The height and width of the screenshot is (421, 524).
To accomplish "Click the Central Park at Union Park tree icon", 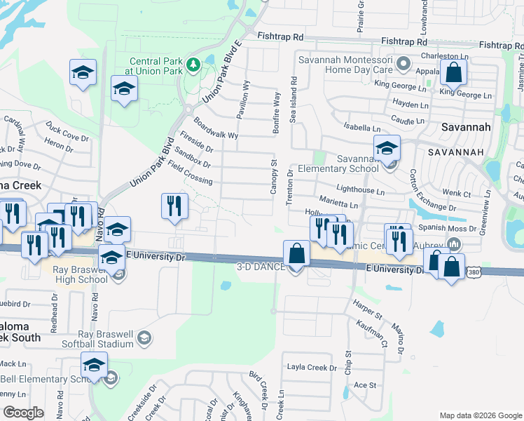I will [194, 65].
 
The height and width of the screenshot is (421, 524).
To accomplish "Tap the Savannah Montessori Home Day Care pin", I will [403, 65].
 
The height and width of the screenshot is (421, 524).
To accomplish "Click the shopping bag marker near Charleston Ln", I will [453, 72].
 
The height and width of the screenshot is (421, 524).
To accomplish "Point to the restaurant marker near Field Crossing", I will [174, 207].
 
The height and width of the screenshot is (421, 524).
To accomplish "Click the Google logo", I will [23, 413].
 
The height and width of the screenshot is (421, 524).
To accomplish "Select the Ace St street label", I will [365, 385].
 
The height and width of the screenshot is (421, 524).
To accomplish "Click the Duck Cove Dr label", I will [63, 129].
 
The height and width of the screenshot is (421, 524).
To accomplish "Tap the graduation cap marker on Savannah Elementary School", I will [386, 149].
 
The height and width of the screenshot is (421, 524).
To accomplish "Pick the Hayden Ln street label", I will [411, 105].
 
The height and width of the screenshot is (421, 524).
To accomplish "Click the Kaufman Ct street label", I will [374, 332].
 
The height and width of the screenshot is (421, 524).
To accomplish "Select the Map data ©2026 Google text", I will [480, 415].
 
